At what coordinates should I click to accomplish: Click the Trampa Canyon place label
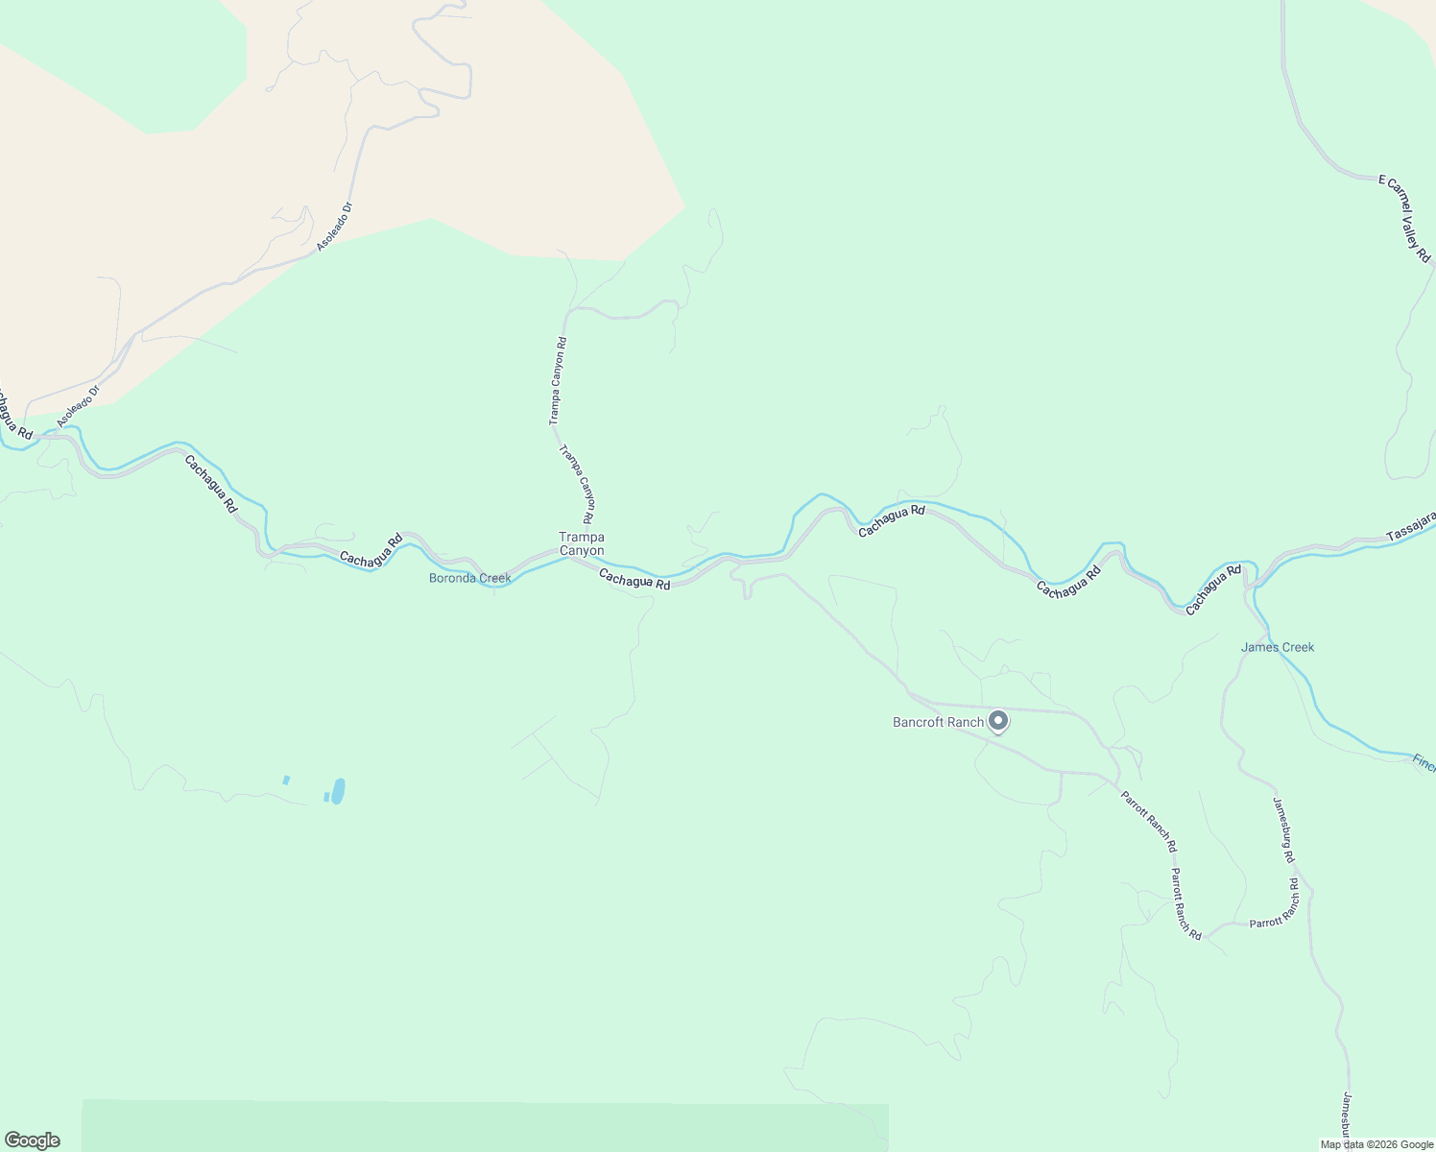(x=582, y=543)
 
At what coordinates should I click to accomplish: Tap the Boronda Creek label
(x=469, y=578)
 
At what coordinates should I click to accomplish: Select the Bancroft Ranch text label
(x=938, y=722)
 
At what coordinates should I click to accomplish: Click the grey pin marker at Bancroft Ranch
(x=997, y=720)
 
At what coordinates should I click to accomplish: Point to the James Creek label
(x=1277, y=647)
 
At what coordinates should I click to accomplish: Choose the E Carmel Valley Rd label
(x=1404, y=218)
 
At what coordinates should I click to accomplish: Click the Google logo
(x=32, y=1140)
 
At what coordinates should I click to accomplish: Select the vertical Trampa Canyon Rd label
(x=557, y=381)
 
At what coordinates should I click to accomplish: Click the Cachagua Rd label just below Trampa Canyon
(x=634, y=579)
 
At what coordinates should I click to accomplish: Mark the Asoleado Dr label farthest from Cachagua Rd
(x=335, y=227)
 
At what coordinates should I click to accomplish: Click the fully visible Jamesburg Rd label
(x=1283, y=830)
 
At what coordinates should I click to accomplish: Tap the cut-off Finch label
(x=1424, y=763)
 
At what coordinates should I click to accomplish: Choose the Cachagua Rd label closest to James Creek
(x=1213, y=589)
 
